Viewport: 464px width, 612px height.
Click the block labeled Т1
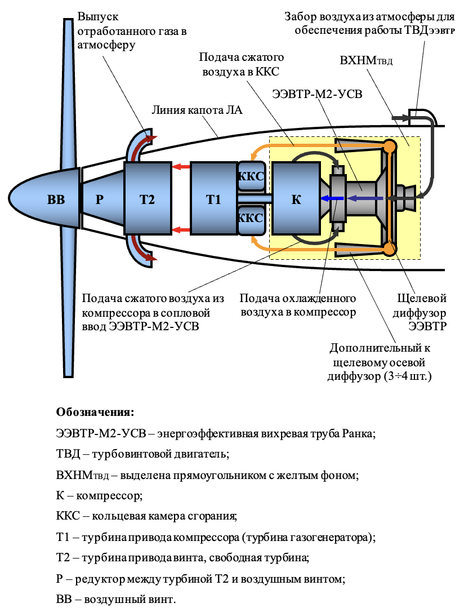pos(213,199)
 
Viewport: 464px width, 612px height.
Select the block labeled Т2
pos(148,199)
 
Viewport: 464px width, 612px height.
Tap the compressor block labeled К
pos(296,199)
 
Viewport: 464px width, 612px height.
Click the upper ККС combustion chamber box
pos(252,176)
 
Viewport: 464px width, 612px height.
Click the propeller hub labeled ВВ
pos(44,199)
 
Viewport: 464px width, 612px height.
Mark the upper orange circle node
pos(389,147)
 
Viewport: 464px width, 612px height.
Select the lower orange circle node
pos(389,249)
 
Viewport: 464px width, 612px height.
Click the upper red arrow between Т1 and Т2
pos(181,167)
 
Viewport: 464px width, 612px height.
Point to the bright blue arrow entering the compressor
pos(332,198)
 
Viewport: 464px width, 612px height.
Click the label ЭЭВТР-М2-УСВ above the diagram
pos(317,94)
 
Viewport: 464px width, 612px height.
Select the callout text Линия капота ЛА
pos(197,110)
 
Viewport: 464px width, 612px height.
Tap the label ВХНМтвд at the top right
pos(366,60)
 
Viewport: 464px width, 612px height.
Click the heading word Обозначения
pos(95,412)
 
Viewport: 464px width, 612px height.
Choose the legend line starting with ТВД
pos(142,454)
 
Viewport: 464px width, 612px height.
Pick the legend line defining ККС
pos(146,516)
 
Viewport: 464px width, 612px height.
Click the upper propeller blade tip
pos(68,19)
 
